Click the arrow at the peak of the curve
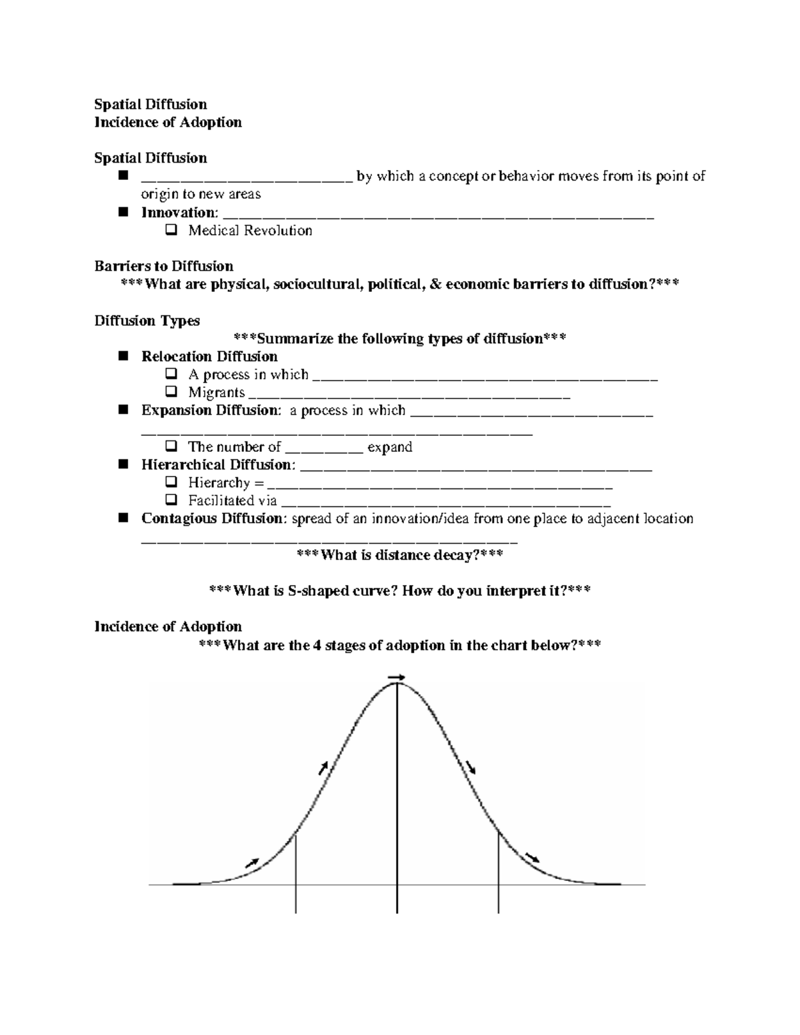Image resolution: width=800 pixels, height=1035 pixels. [397, 678]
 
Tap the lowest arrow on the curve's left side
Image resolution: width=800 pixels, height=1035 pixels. [252, 862]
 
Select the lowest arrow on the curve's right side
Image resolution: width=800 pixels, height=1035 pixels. [533, 856]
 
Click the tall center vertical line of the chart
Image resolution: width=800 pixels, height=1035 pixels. [397, 800]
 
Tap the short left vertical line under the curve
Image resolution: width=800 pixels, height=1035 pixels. [295, 873]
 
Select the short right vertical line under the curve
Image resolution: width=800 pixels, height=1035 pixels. [499, 873]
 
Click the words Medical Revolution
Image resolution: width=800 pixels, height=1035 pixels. [250, 231]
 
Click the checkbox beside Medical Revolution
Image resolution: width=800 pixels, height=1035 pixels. [171, 231]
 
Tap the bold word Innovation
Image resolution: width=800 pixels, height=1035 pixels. [179, 213]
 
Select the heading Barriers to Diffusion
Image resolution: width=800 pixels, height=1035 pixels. [164, 267]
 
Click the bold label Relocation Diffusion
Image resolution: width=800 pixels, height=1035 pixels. [209, 357]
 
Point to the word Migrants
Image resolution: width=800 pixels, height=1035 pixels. [217, 393]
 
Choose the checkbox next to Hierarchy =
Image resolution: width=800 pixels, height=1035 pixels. [171, 483]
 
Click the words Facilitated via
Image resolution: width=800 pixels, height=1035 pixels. [232, 501]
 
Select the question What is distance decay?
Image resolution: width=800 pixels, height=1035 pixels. [399, 554]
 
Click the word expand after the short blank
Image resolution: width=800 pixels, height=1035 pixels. [390, 447]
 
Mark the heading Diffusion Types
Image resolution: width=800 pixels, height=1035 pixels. [147, 321]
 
